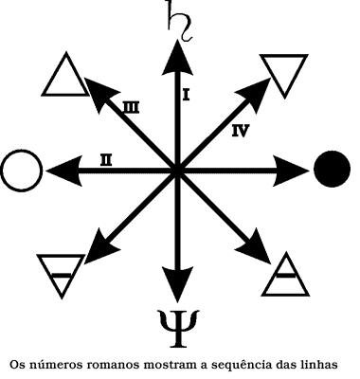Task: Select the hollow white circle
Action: (22, 171)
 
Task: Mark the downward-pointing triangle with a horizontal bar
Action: (60, 274)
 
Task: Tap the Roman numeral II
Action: (107, 160)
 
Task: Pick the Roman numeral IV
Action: (241, 131)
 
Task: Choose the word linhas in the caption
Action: (330, 363)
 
